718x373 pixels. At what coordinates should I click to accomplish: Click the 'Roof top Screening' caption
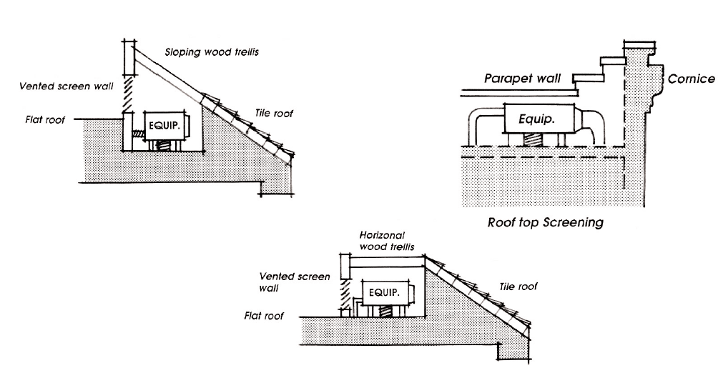click(545, 222)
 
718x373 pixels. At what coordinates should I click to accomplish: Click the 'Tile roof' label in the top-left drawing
click(274, 113)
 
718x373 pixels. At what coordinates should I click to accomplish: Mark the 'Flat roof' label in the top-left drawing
click(44, 120)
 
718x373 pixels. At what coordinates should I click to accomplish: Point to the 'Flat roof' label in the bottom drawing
click(265, 316)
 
